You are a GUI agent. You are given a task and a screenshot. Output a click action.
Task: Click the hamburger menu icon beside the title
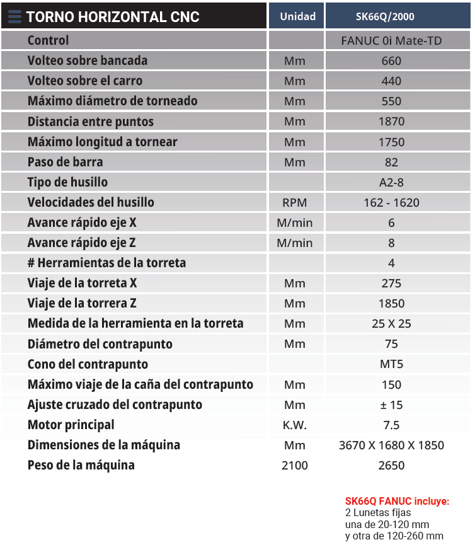tap(14, 16)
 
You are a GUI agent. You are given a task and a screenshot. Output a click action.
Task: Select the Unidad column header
tap(297, 16)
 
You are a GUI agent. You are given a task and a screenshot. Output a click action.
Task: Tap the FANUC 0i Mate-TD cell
tap(391, 41)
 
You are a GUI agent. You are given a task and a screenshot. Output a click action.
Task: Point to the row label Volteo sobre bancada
tap(88, 61)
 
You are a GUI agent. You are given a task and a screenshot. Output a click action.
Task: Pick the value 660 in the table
tap(391, 61)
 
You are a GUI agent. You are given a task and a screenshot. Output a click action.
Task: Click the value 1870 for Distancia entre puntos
tap(391, 122)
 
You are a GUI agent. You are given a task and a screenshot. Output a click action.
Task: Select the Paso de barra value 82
tap(391, 162)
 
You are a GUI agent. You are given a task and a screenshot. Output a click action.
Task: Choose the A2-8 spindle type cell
tap(391, 182)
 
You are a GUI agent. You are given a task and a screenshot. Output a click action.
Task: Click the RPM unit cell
tap(295, 203)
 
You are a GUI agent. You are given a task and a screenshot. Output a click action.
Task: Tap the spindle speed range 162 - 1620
tap(391, 203)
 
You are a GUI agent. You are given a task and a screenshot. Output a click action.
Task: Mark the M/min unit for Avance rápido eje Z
tap(295, 243)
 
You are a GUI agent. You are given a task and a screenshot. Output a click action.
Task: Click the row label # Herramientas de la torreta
tap(106, 263)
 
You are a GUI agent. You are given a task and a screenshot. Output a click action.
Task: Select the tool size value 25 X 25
tap(391, 324)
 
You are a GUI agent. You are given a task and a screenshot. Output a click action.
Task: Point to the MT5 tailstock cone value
tap(391, 364)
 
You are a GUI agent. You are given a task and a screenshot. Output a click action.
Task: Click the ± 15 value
tap(391, 405)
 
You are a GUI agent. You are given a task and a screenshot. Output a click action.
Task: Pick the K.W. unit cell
tap(295, 425)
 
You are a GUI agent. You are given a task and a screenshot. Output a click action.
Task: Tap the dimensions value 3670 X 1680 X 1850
tap(391, 445)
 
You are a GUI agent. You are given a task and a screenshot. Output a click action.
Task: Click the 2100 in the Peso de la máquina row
tap(295, 466)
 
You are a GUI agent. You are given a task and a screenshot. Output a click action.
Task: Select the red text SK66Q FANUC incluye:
tap(397, 502)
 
